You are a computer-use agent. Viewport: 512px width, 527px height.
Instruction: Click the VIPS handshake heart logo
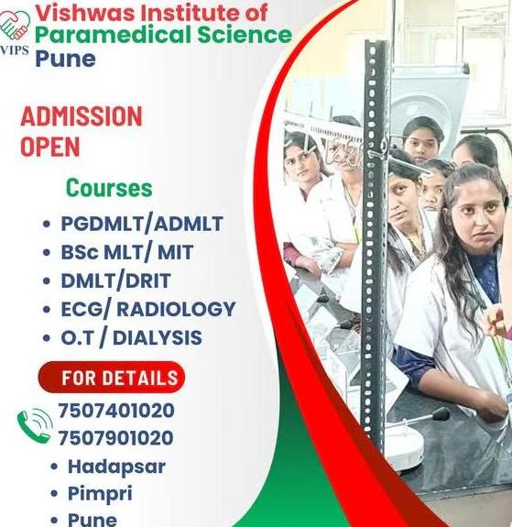click(x=15, y=27)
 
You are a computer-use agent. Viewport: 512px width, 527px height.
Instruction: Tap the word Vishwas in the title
click(x=85, y=13)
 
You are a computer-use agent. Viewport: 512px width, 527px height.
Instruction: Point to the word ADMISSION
click(x=82, y=116)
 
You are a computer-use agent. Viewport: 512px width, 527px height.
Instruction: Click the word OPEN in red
click(x=50, y=147)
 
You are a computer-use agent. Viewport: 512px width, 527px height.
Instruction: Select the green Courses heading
click(x=109, y=188)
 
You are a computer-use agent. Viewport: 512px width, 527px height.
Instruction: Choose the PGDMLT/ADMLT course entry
click(x=142, y=224)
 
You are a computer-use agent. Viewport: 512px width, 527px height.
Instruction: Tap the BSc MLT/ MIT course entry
click(x=127, y=252)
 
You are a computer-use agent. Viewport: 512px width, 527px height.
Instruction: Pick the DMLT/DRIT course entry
click(x=115, y=280)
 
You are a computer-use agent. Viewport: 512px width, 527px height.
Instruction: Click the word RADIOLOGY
click(x=176, y=309)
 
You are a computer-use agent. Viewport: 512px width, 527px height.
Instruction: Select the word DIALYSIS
click(x=158, y=338)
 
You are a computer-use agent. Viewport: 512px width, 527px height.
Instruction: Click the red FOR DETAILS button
click(x=112, y=377)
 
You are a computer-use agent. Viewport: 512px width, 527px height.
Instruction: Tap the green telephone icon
click(x=35, y=426)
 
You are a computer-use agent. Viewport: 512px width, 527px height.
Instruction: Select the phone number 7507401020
click(x=116, y=411)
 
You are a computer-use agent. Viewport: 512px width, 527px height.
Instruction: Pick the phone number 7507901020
click(x=116, y=438)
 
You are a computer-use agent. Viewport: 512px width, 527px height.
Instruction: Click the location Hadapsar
click(x=116, y=467)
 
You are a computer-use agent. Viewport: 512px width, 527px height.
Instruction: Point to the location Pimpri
click(x=100, y=494)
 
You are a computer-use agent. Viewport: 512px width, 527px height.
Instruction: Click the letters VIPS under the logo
click(x=14, y=49)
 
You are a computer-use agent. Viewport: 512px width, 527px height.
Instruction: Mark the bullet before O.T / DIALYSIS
click(x=47, y=338)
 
